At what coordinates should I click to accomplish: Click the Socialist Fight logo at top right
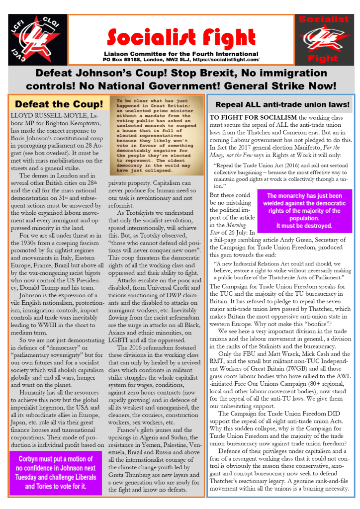(326, 40)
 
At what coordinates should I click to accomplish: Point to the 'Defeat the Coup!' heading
(59, 104)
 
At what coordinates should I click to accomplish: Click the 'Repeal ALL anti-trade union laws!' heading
(282, 105)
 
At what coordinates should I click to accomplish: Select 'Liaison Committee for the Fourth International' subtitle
(181, 53)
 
